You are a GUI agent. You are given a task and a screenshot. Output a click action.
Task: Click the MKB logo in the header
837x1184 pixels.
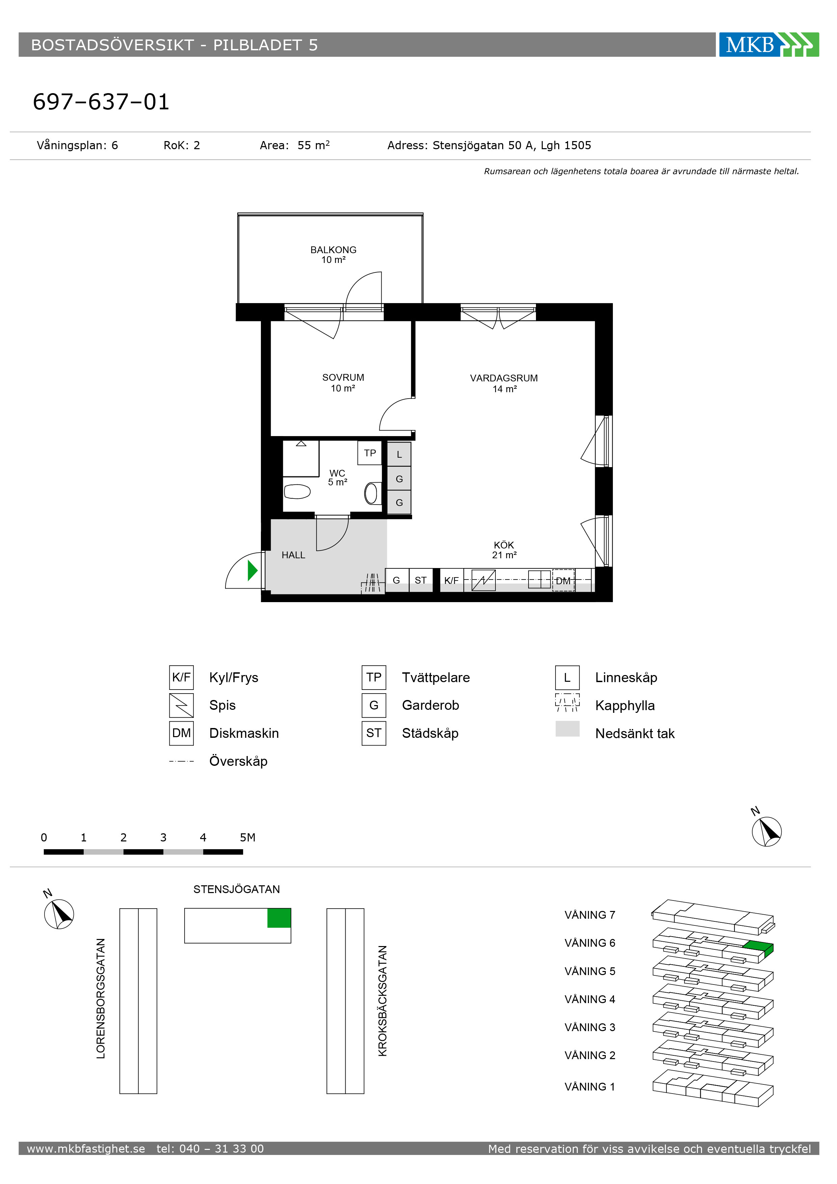coord(768,45)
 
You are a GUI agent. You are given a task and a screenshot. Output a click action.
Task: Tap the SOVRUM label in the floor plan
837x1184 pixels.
coord(343,377)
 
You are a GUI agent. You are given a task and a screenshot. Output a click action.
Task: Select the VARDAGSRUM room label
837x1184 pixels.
coord(504,378)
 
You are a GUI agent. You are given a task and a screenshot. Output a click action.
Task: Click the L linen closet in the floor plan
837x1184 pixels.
coord(399,454)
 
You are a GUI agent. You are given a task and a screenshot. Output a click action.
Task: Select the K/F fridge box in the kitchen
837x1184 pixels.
coord(451,580)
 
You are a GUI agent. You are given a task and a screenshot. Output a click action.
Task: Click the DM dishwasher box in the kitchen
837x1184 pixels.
coord(563,581)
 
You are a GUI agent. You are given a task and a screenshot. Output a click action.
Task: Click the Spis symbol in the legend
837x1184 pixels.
coord(182,705)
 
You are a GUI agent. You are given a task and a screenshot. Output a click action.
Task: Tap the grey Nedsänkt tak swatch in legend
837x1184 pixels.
coord(567,729)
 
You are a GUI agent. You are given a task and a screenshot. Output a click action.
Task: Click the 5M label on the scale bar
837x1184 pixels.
coord(247,837)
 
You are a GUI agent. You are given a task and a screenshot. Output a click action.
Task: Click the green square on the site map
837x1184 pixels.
coord(279,918)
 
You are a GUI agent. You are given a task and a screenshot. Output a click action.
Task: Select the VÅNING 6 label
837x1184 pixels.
coord(590,943)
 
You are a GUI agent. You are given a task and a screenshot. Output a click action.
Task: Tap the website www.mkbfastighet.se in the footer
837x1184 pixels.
coord(86,1149)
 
